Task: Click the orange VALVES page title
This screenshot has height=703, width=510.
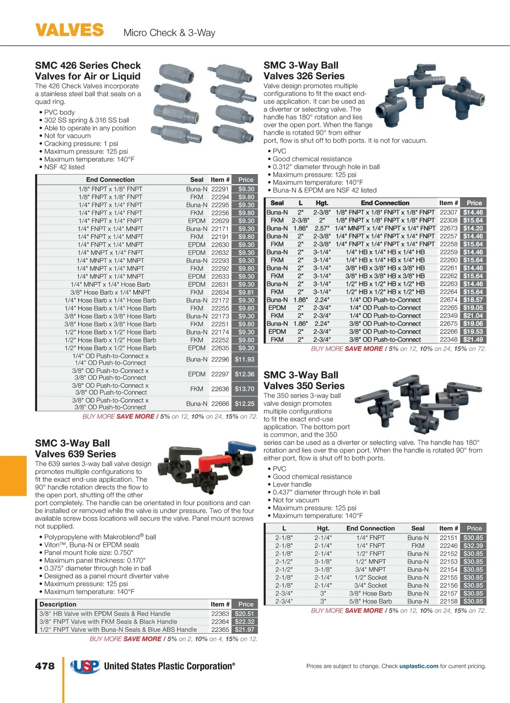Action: tap(69, 31)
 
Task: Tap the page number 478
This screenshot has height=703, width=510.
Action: tap(45, 666)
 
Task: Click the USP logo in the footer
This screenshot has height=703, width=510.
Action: tap(85, 666)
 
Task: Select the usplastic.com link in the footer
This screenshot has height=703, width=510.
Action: tap(419, 666)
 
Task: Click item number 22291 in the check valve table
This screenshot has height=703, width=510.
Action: tap(220, 189)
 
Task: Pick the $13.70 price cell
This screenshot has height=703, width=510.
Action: tap(244, 389)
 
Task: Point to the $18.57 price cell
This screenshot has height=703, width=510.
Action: tap(473, 300)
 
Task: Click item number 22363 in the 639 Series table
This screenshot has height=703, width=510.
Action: tap(220, 614)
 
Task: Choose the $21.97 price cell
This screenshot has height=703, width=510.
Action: tap(244, 630)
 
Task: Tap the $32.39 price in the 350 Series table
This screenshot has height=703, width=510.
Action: tap(473, 546)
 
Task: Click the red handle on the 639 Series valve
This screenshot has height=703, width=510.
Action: tap(209, 462)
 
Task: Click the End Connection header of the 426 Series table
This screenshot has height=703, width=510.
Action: tap(110, 180)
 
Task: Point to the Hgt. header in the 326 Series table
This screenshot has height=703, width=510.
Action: tap(322, 203)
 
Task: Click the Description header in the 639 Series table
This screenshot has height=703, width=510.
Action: tap(58, 604)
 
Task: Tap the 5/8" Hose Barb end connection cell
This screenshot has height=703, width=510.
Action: tap(371, 601)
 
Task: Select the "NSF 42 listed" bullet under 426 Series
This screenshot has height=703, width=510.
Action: tap(64, 167)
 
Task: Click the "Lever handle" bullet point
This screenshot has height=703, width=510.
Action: tap(292, 485)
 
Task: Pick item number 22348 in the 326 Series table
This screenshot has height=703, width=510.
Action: tap(448, 339)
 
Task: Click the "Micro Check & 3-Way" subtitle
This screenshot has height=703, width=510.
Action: tap(169, 33)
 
